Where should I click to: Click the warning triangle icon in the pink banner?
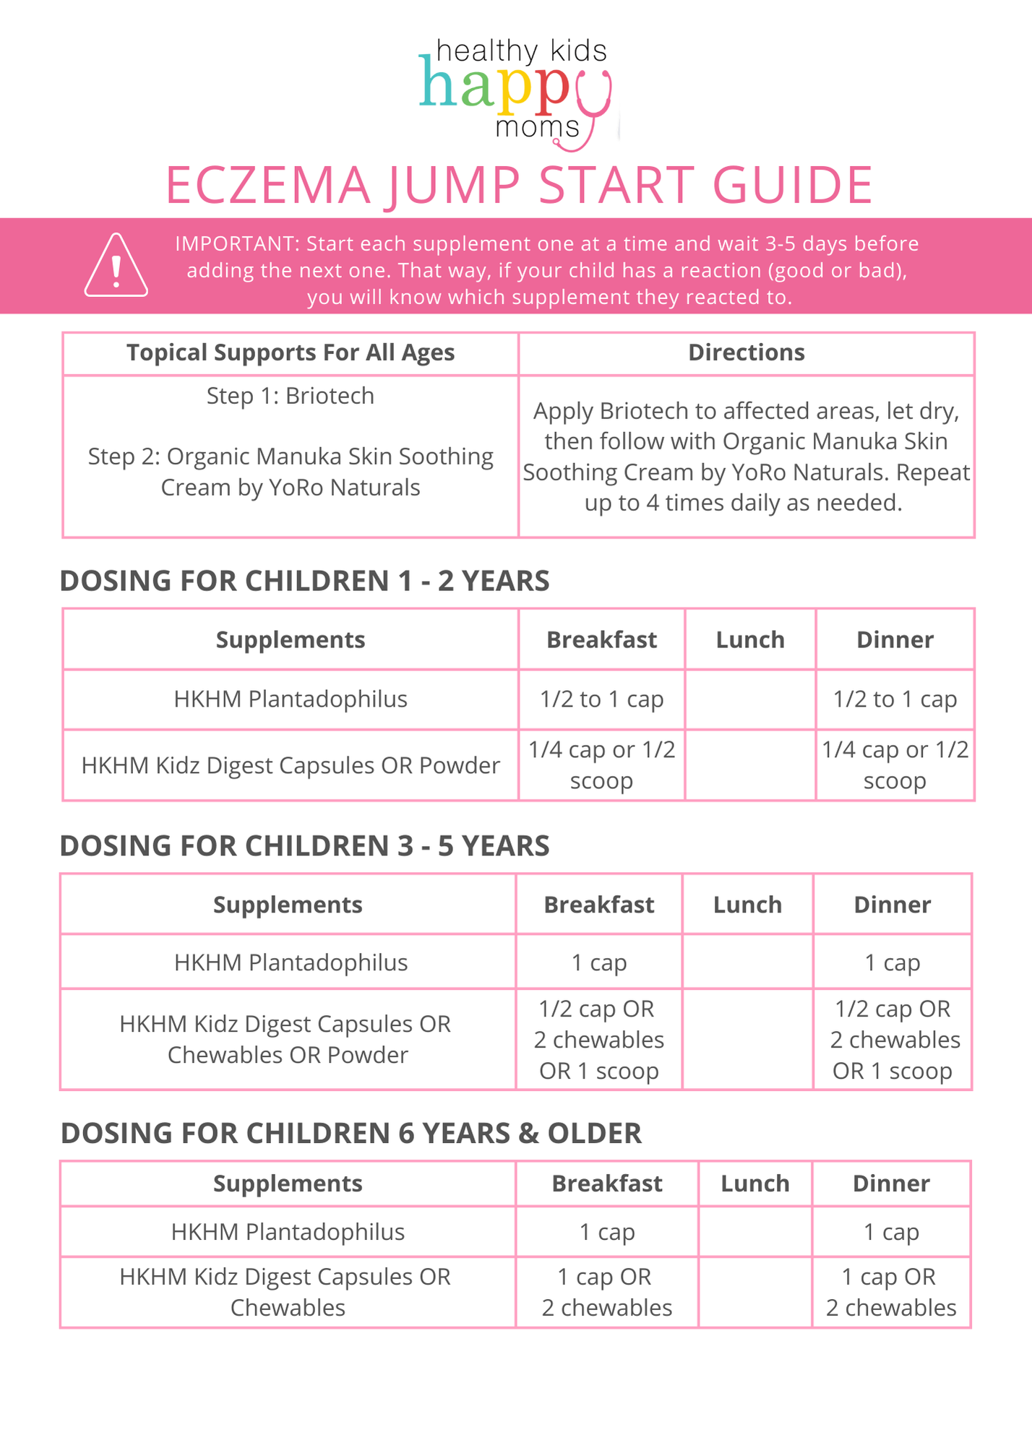pyautogui.click(x=116, y=266)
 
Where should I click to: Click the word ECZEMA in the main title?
pyautogui.click(x=267, y=186)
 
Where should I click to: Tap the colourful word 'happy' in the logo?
pyautogui.click(x=506, y=88)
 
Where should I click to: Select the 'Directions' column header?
pyautogui.click(x=746, y=353)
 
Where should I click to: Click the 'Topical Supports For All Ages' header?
pyautogui.click(x=291, y=353)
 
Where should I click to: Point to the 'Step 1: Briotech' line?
pyautogui.click(x=291, y=396)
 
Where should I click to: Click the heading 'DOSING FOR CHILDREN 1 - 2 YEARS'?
pyautogui.click(x=304, y=581)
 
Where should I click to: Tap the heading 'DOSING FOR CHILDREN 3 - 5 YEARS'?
pyautogui.click(x=304, y=845)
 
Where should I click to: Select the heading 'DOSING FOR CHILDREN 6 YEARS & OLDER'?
pyautogui.click(x=351, y=1133)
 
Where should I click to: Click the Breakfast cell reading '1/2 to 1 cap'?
pyautogui.click(x=601, y=699)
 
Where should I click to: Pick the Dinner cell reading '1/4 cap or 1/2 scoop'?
pyautogui.click(x=895, y=765)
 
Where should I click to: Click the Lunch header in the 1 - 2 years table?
pyautogui.click(x=750, y=639)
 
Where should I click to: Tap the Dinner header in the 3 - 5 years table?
pyautogui.click(x=893, y=905)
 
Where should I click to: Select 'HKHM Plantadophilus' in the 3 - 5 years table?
pyautogui.click(x=291, y=962)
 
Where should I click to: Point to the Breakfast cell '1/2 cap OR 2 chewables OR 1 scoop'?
pyautogui.click(x=599, y=1040)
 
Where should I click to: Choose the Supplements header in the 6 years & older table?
pyautogui.click(x=288, y=1183)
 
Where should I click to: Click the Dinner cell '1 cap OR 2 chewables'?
pyautogui.click(x=891, y=1292)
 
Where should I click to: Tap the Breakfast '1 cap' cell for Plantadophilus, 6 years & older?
pyautogui.click(x=607, y=1232)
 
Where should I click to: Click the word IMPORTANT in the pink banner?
pyautogui.click(x=236, y=243)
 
